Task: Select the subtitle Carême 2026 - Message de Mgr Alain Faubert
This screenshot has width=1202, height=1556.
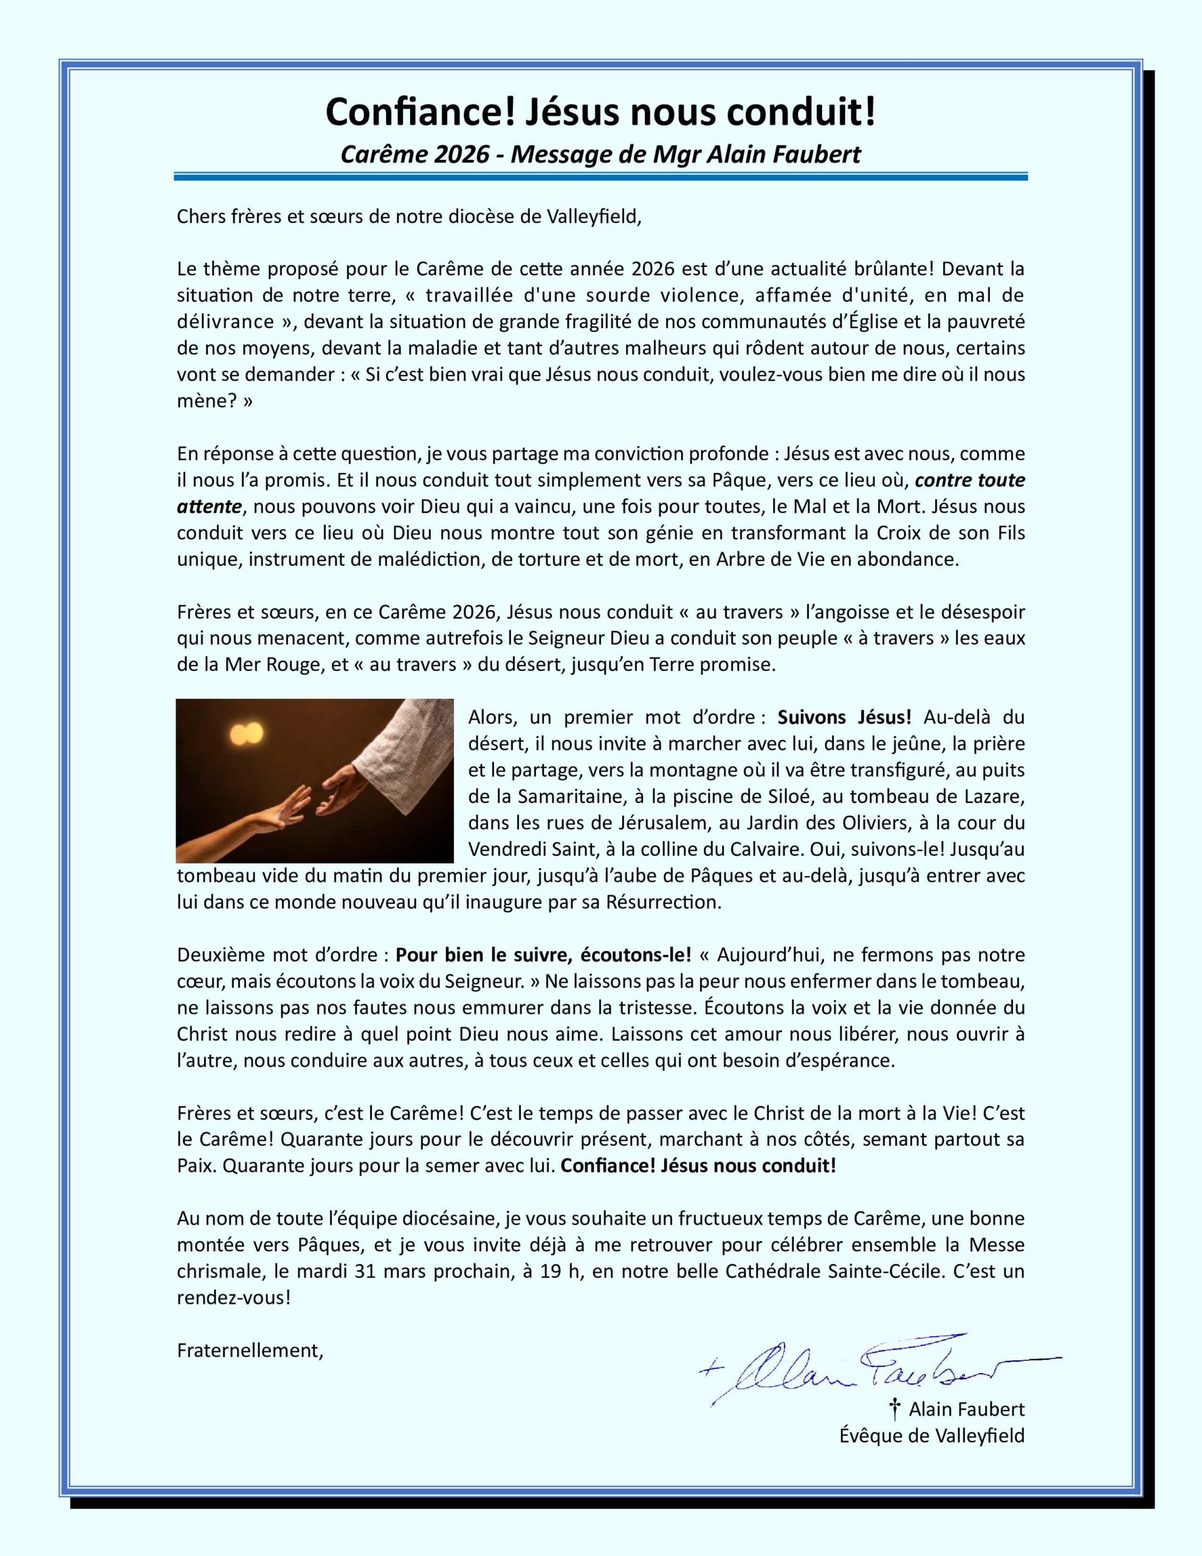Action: tap(600, 154)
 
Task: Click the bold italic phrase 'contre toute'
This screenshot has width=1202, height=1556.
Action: tap(970, 480)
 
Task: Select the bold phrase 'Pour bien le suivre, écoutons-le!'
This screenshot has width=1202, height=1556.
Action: tap(543, 954)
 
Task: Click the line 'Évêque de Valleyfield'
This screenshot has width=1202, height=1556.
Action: tap(932, 1435)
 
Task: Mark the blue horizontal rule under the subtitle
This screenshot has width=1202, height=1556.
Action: tap(600, 176)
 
